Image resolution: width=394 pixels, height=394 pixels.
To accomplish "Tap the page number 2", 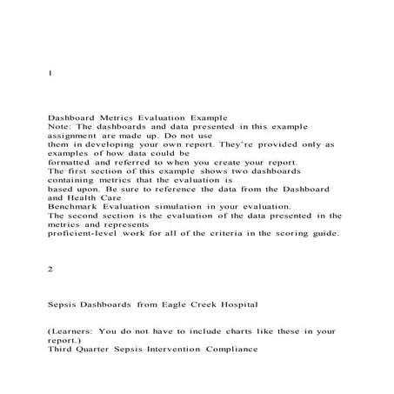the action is (50, 270).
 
